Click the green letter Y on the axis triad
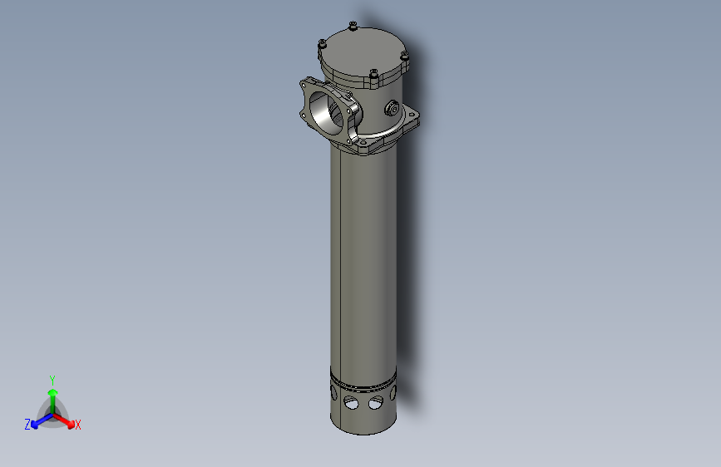pos(52,379)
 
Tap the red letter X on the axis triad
pos(78,425)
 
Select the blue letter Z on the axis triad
pos(27,425)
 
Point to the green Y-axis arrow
pos(52,396)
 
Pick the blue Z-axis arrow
pos(38,420)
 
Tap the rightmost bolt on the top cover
pos(404,57)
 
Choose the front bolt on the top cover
pos(373,76)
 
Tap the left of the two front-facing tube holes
pos(352,404)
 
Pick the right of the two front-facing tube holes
pos(376,404)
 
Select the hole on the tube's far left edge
pos(333,396)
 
